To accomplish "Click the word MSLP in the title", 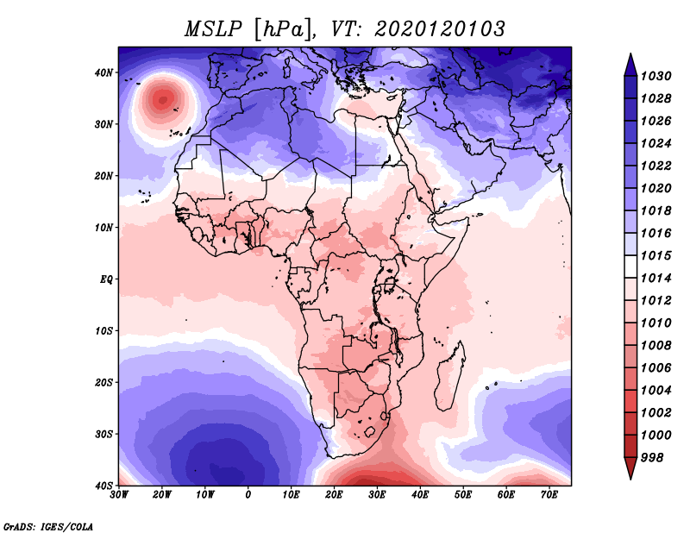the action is tap(213, 29).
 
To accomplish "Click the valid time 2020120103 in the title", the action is tap(439, 29).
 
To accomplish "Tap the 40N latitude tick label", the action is tap(103, 72).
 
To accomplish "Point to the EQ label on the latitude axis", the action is tap(106, 279).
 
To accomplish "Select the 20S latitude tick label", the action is tap(103, 382).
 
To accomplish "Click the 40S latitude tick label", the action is tap(103, 486).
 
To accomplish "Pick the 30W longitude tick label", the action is tap(119, 495).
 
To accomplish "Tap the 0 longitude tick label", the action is tap(248, 495).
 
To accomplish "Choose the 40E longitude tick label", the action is tap(420, 495).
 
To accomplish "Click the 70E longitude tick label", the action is tap(549, 495).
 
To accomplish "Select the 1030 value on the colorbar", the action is tap(655, 76).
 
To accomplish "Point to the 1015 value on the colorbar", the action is tap(655, 255).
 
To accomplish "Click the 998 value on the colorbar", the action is tap(652, 458).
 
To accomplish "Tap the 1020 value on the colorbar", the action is tap(655, 188).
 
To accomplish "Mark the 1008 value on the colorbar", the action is tap(655, 346).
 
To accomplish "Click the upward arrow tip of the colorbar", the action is tap(630, 53).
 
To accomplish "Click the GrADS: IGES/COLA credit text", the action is tap(48, 526).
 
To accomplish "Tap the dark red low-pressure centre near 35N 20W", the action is tap(163, 100).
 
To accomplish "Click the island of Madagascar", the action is tap(451, 375).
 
